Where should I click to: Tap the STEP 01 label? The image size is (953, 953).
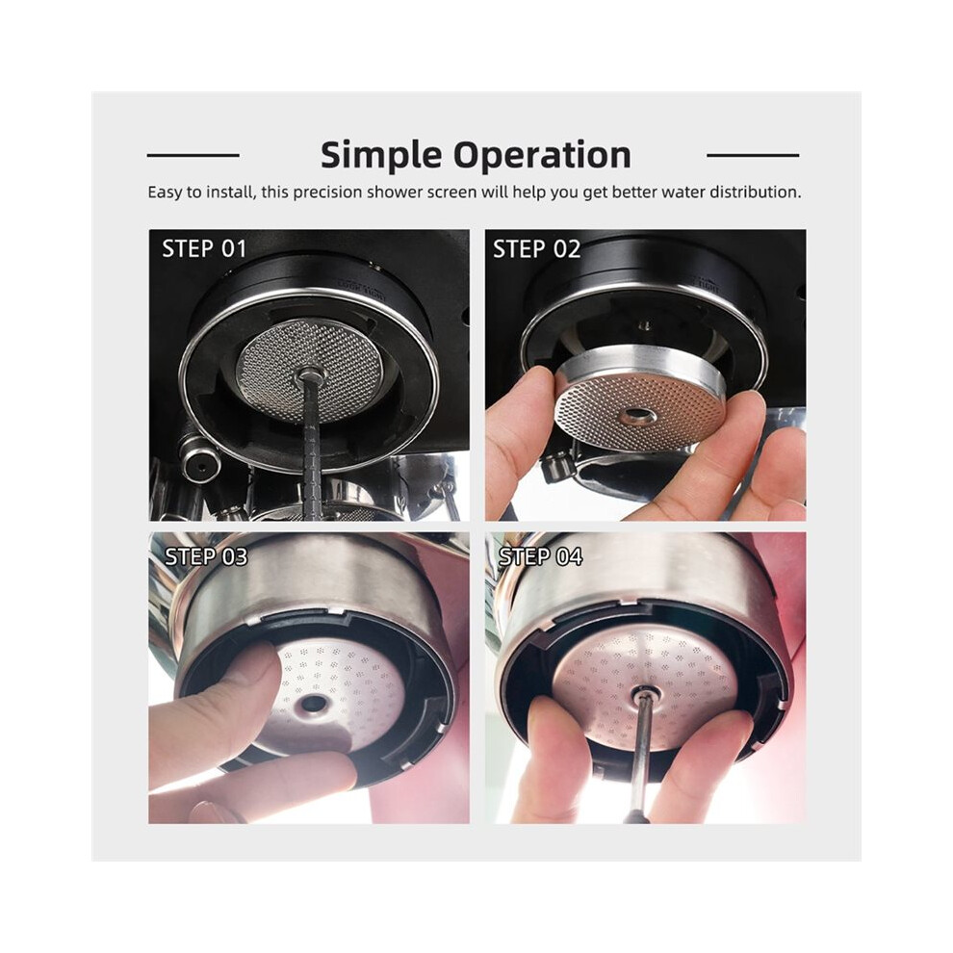click(x=204, y=248)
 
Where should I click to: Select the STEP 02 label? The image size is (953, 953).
click(x=537, y=248)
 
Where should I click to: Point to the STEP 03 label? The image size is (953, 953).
click(x=206, y=556)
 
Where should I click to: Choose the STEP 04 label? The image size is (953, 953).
click(x=540, y=556)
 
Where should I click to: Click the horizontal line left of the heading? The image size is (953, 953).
click(x=193, y=156)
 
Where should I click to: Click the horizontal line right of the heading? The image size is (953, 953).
click(x=753, y=156)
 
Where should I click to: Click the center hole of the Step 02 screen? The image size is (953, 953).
click(x=638, y=416)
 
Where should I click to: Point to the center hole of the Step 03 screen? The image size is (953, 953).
click(x=314, y=704)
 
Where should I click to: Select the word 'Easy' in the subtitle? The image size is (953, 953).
click(x=165, y=193)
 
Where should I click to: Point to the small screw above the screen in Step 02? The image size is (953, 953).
click(x=646, y=324)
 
